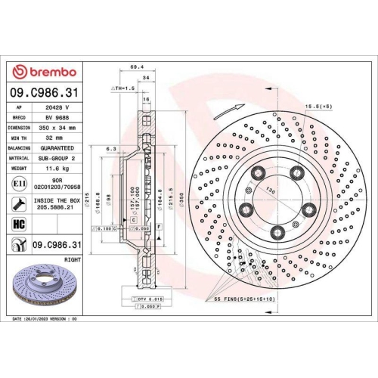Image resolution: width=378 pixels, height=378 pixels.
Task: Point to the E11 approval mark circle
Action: tap(17, 184)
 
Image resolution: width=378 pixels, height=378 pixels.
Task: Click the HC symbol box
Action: tap(18, 224)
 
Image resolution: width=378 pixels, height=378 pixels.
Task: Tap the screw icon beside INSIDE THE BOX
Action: tap(17, 203)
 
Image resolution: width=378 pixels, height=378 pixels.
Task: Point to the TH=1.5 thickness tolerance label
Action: tap(123, 88)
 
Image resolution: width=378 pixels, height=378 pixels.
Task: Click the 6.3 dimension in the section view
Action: tap(111, 149)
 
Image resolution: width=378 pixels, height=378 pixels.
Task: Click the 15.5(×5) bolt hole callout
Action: tap(318, 107)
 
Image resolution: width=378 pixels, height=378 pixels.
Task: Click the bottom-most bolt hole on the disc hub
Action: tap(277, 231)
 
